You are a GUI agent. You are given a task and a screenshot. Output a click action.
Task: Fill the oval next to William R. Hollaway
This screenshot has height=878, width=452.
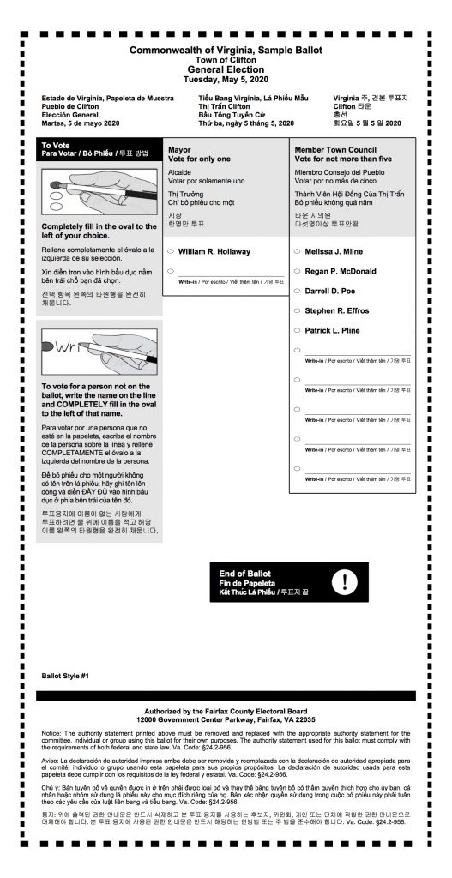pyautogui.click(x=172, y=251)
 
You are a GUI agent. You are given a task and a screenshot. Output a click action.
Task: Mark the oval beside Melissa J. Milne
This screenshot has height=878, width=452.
pyautogui.click(x=297, y=251)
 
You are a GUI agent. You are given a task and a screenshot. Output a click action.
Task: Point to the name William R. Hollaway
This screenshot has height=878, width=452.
pyautogui.click(x=214, y=251)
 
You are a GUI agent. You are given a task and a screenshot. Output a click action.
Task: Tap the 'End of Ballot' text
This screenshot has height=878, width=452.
pyautogui.click(x=245, y=573)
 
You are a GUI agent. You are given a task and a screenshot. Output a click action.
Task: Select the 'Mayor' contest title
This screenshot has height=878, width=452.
pyautogui.click(x=179, y=149)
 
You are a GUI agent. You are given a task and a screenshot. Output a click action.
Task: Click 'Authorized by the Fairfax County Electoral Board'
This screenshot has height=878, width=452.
pyautogui.click(x=225, y=711)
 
